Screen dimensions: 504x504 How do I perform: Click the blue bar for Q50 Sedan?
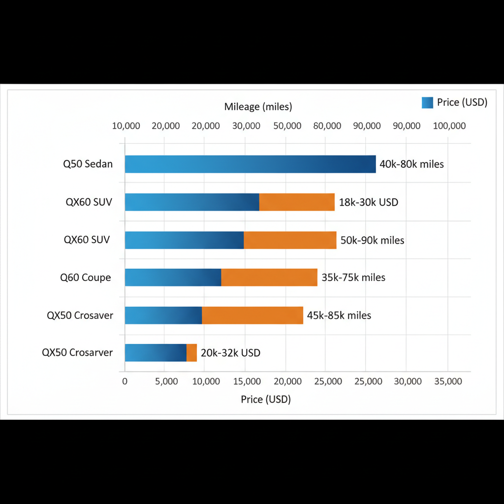(250, 164)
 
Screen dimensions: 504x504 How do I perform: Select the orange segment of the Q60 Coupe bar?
(269, 277)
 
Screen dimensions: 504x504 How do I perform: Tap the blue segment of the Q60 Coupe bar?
(173, 277)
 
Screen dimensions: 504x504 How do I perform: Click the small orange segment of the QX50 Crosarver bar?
(191, 352)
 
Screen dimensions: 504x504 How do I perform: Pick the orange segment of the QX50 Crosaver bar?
(252, 315)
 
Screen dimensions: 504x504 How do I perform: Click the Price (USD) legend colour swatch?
(427, 102)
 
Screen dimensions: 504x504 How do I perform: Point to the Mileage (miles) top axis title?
(258, 106)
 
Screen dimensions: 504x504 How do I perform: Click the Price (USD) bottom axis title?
(266, 399)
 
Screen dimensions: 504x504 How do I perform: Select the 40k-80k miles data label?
(411, 164)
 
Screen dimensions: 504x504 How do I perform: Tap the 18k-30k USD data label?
(369, 202)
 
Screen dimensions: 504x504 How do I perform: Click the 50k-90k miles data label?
(373, 240)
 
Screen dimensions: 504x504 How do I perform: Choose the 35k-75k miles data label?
(353, 278)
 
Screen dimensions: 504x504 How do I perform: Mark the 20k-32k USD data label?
(231, 353)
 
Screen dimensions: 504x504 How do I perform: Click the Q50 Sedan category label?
(88, 164)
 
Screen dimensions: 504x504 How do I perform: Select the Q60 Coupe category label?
(86, 278)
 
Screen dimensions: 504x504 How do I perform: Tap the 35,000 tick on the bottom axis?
(448, 381)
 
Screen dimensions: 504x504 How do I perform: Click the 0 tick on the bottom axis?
(125, 381)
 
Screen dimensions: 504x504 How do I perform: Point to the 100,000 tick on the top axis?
(449, 126)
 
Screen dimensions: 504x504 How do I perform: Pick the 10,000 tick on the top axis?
(126, 126)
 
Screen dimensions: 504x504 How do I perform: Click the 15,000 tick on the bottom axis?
(246, 381)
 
